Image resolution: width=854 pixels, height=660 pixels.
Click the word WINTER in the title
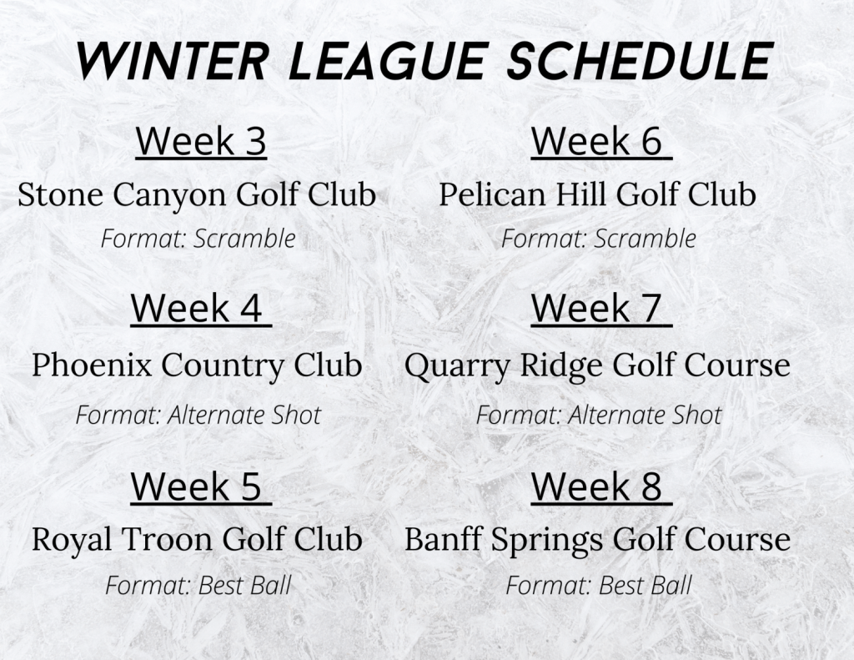click(172, 61)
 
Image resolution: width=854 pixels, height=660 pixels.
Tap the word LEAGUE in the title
click(387, 61)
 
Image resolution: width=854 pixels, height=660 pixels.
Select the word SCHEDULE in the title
click(640, 61)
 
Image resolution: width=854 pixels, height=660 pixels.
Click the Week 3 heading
click(201, 141)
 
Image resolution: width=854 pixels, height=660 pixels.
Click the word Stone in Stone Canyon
click(60, 194)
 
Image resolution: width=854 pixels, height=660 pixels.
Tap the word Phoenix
click(92, 365)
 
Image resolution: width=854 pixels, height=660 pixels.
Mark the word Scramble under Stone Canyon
click(244, 239)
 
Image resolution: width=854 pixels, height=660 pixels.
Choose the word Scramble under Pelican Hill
click(645, 239)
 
